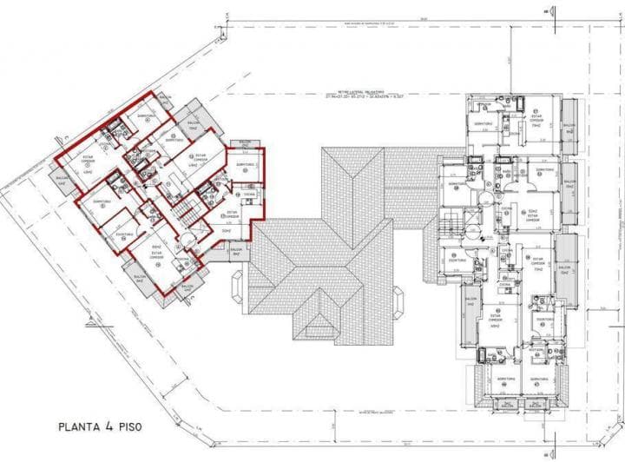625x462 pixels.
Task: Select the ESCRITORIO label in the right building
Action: [x=545, y=320]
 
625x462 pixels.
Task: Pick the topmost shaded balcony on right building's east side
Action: [x=569, y=124]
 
